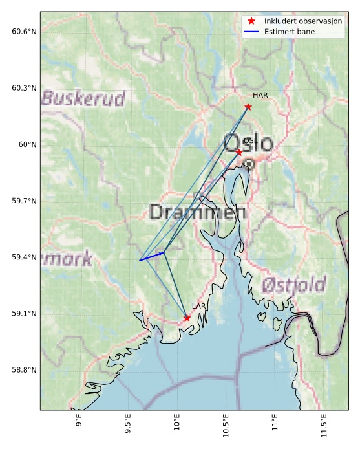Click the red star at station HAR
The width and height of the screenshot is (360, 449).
point(248,107)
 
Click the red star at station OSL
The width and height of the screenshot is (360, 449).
point(238,152)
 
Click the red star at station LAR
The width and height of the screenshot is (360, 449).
point(187,318)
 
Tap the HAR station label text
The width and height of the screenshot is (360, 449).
point(260,96)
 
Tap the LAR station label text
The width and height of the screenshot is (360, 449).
point(198,306)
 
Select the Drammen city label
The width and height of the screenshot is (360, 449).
point(197,212)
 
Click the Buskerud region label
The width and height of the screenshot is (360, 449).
point(83,98)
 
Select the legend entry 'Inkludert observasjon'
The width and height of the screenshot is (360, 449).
point(302,21)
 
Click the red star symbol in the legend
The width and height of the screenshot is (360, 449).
point(252,21)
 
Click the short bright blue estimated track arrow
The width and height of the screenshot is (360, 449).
point(152,256)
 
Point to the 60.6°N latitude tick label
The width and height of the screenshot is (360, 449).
point(25,32)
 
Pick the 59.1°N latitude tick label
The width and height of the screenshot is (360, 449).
point(25,314)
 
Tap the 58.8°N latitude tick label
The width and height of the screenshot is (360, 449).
point(25,370)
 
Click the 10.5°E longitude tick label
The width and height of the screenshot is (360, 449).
point(226,428)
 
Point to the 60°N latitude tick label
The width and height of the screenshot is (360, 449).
point(27,144)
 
